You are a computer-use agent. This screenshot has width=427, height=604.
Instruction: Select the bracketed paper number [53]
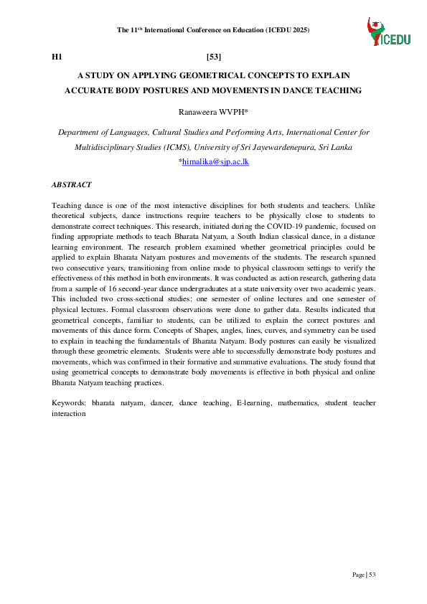(x=213, y=56)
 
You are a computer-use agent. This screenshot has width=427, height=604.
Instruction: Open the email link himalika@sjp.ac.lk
(x=215, y=163)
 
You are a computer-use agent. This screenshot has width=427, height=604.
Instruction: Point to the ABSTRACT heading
(x=72, y=184)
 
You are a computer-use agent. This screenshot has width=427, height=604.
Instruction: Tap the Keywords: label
(x=69, y=404)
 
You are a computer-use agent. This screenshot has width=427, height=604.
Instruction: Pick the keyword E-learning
(x=253, y=404)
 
